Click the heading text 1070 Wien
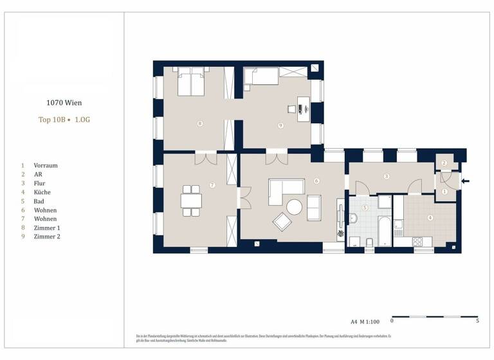coord(64,102)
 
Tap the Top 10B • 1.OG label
coord(64,120)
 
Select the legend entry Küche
coord(42,192)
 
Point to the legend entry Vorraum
coord(45,165)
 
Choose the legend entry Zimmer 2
coord(46,237)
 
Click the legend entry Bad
coord(39,201)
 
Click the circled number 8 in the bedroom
coord(201,123)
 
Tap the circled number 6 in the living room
coord(316,181)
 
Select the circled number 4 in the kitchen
coord(430,217)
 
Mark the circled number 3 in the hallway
coord(386,175)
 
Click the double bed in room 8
coord(192,84)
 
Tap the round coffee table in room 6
coord(295,206)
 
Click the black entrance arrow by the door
coord(466,181)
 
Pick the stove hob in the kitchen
coord(417,242)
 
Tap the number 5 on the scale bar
coord(477,320)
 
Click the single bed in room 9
coord(261,77)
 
